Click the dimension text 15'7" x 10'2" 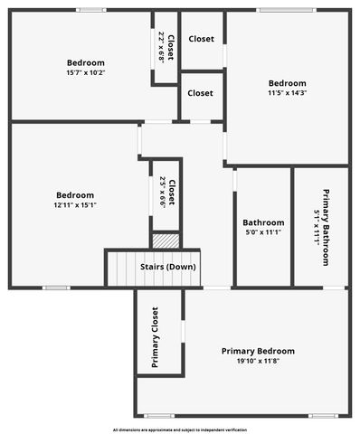click(86, 74)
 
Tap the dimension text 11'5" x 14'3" click(287, 92)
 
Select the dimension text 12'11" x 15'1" click(75, 205)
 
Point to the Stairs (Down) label click(167, 267)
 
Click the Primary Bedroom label click(258, 351)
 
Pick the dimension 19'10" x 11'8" click(258, 362)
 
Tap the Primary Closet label click(155, 337)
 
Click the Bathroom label click(263, 222)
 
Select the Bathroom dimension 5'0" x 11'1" click(263, 233)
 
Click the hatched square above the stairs click(166, 241)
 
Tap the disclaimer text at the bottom click(179, 429)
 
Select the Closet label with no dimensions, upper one click(201, 39)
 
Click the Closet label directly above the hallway click(200, 93)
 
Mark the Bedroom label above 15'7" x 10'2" click(86, 63)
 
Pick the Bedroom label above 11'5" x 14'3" click(287, 81)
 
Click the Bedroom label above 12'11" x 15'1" click(75, 194)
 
